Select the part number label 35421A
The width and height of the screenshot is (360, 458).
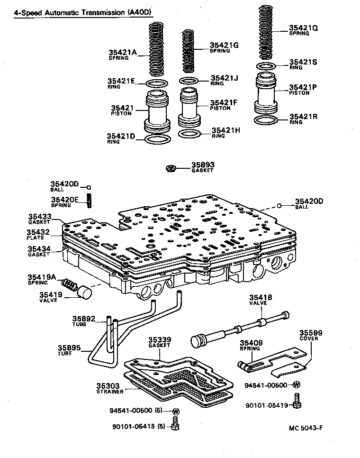[122, 53]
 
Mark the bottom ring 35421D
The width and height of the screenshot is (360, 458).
[156, 139]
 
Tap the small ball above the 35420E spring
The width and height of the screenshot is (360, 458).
[88, 187]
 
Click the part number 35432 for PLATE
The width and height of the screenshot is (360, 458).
[38, 232]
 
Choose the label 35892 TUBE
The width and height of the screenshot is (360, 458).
[83, 319]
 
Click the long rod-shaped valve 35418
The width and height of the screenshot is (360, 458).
[237, 330]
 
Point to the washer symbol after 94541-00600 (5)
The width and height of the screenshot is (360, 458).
[176, 411]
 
